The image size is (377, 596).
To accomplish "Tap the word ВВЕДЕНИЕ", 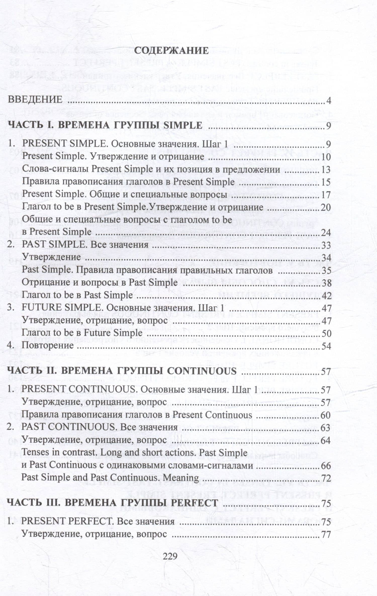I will (x=35, y=100).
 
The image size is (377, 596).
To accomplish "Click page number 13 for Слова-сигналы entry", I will (x=326, y=170).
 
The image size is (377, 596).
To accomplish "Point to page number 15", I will (x=326, y=182).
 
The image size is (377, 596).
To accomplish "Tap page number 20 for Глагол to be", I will (x=326, y=208).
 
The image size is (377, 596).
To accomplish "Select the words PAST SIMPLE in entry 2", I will (x=54, y=245).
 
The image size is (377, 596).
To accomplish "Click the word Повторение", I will (x=48, y=345).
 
